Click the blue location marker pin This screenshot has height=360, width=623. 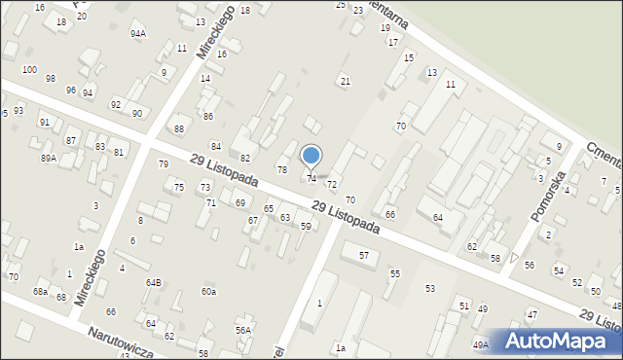tap(311, 156)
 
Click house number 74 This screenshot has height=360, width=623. tap(311, 179)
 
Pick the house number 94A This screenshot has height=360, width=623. tap(137, 33)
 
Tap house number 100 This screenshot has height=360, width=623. tap(29, 70)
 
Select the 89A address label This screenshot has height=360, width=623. tap(48, 158)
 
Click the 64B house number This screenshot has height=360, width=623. tap(154, 282)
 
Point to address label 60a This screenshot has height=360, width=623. tap(208, 291)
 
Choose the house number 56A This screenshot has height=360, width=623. tap(243, 330)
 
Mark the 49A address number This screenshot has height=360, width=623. tap(481, 344)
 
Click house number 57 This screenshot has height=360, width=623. tap(364, 255)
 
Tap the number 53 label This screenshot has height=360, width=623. tap(429, 288)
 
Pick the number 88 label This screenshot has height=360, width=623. tap(178, 128)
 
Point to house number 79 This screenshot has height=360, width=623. tap(163, 163)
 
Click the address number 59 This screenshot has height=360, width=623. tap(306, 227)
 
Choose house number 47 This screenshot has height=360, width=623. tap(531, 314)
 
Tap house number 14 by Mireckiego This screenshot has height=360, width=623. tap(205, 78)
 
